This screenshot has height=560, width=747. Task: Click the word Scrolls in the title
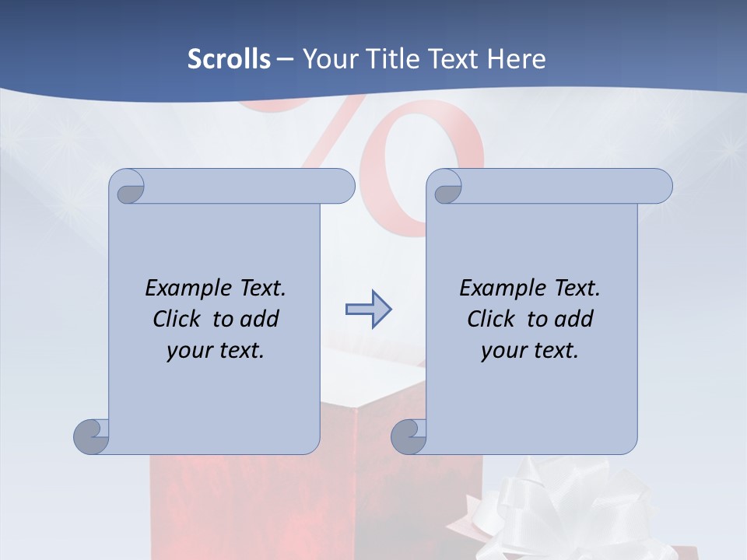pyautogui.click(x=230, y=58)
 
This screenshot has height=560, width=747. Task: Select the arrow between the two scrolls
pyautogui.click(x=368, y=310)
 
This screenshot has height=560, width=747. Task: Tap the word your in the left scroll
pyautogui.click(x=188, y=351)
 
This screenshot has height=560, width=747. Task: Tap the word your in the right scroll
pyautogui.click(x=502, y=351)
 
